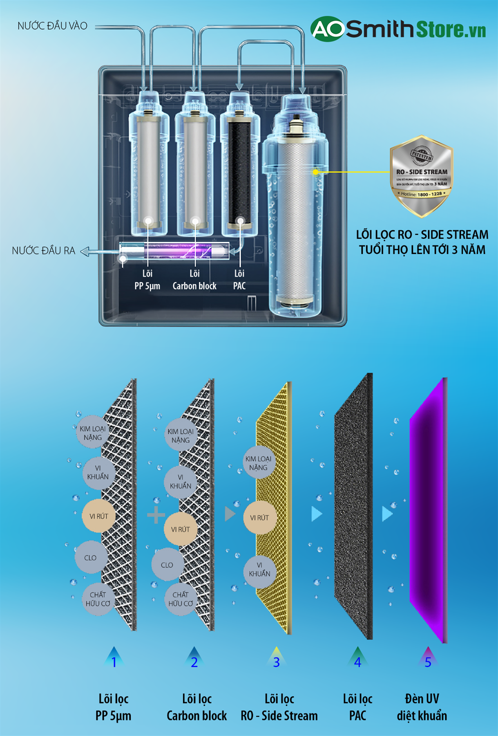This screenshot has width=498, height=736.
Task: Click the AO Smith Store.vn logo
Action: (398, 29)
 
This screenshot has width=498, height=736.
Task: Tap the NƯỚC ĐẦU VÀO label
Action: (52, 26)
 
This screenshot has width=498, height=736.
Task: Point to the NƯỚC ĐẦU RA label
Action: (43, 251)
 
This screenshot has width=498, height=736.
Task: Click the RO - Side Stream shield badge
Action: (421, 176)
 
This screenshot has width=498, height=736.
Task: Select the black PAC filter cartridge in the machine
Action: (240, 172)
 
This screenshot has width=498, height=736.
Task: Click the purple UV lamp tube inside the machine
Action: (174, 251)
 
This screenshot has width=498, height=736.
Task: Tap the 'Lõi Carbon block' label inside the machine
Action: (194, 280)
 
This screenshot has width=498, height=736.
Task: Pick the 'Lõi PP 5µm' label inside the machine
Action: (147, 280)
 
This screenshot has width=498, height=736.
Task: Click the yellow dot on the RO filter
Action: (315, 172)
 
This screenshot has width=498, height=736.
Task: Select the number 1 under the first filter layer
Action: (114, 662)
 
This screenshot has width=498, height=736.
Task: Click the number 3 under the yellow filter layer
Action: (276, 662)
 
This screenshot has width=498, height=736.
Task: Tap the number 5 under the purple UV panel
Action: (428, 662)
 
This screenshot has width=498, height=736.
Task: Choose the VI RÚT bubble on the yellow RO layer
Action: (259, 518)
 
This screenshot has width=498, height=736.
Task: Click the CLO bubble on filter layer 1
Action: (90, 558)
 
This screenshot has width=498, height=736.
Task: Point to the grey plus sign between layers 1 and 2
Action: (156, 515)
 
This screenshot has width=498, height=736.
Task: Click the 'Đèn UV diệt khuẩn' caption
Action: (422, 707)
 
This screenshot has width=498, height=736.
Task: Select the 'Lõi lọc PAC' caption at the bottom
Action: (357, 707)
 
